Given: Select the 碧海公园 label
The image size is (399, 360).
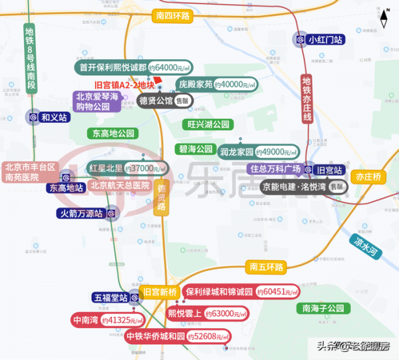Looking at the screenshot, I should pyautogui.click(x=196, y=148).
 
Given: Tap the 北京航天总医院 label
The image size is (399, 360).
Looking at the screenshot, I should pyautogui.click(x=120, y=186).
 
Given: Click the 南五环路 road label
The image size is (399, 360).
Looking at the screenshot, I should pyautogui.click(x=265, y=268).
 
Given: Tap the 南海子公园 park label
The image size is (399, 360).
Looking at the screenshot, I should pyautogui.click(x=323, y=308).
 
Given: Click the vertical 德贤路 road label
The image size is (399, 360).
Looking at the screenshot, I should pyautogui.click(x=161, y=198).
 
